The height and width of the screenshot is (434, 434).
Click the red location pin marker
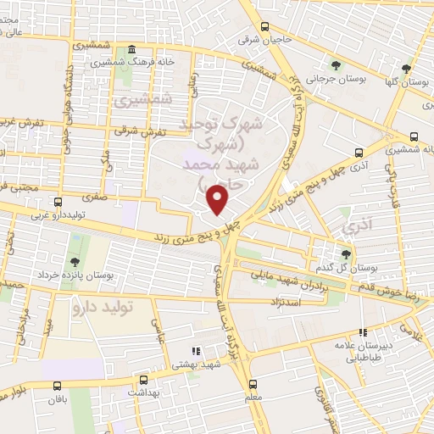click(219, 199)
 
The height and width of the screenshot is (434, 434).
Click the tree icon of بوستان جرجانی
click(336, 64)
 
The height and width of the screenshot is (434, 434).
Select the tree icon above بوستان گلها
click(408, 67)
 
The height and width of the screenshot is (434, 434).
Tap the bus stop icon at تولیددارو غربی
click(58, 202)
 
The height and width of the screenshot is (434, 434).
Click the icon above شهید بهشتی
click(195, 351)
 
